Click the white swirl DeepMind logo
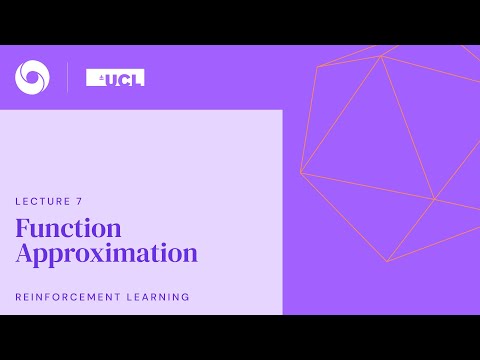pos(30,75)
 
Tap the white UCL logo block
pos(115,77)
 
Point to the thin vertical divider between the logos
pos(67,76)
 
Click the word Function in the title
pos(68,228)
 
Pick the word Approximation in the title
pos(106,253)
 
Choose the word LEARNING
pos(160,297)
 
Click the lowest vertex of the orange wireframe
pos(387,262)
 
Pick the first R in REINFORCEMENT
pos(19,297)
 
